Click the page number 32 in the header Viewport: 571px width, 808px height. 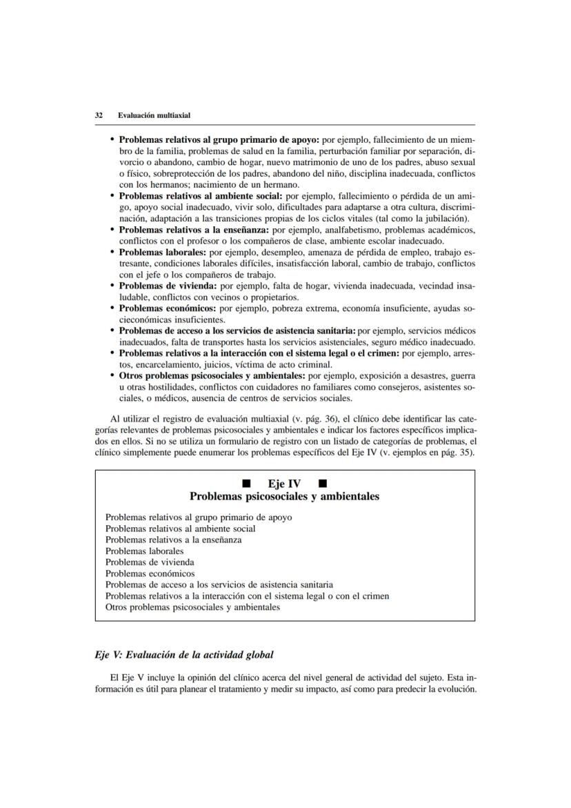pyautogui.click(x=99, y=115)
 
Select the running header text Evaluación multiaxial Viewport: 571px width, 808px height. pyautogui.click(x=154, y=115)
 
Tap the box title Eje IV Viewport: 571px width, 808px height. pyautogui.click(x=285, y=483)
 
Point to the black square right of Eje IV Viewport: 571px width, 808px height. pyautogui.click(x=323, y=483)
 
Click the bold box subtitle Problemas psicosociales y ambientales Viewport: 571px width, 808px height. pyautogui.click(x=284, y=496)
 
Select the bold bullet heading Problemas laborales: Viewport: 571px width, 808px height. pyautogui.click(x=158, y=252)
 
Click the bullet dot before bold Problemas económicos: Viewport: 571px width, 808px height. pyautogui.click(x=112, y=308)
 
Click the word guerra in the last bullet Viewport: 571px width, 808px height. pyautogui.click(x=462, y=376)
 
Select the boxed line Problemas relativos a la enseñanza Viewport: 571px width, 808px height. pyautogui.click(x=173, y=540)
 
